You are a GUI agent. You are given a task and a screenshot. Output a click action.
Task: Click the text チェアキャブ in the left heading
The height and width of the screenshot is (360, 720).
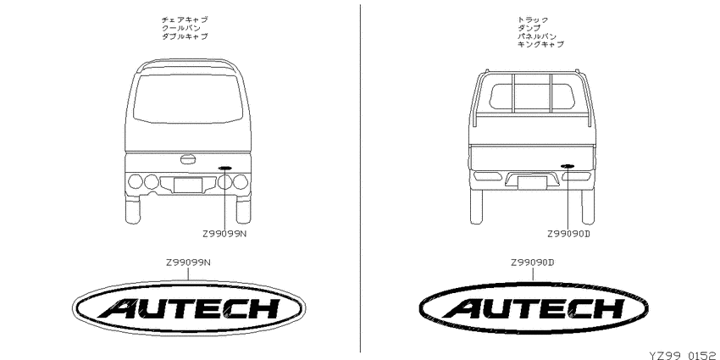tap(185, 19)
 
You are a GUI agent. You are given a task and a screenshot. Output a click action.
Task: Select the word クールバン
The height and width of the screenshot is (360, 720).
tap(181, 28)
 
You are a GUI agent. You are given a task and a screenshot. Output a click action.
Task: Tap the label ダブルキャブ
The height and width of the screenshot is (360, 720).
tap(185, 36)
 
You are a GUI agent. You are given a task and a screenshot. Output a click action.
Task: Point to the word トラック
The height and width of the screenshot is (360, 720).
tap(533, 19)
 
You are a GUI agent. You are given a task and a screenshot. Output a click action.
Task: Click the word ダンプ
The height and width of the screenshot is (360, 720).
tap(529, 28)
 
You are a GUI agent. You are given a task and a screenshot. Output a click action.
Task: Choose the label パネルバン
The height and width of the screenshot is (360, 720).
tap(537, 36)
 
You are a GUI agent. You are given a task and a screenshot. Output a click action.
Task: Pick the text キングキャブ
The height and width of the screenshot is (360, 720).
tap(540, 45)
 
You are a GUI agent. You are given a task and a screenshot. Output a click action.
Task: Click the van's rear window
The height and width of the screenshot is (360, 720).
tap(188, 98)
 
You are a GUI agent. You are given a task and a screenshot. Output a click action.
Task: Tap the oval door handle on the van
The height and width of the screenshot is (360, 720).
tap(187, 159)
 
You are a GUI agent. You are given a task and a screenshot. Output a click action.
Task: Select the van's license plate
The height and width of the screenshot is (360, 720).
tap(188, 185)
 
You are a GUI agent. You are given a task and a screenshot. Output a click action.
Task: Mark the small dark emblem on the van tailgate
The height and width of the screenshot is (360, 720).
tap(225, 168)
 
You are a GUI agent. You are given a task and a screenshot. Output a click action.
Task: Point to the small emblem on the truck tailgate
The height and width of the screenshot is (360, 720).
tap(568, 166)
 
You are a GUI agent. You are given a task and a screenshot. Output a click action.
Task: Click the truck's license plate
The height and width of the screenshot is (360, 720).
tap(532, 183)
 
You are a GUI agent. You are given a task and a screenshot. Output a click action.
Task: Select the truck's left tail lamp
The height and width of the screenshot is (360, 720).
tap(488, 176)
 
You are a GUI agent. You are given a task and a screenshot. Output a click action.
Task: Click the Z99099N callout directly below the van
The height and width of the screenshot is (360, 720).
tap(224, 234)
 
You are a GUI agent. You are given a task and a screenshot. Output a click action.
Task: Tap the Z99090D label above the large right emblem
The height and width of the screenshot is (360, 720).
tap(533, 263)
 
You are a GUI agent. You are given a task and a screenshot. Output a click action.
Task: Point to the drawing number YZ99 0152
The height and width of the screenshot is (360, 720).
tap(684, 356)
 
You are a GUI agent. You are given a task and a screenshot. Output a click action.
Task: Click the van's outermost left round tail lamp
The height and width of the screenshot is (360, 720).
tap(136, 181)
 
